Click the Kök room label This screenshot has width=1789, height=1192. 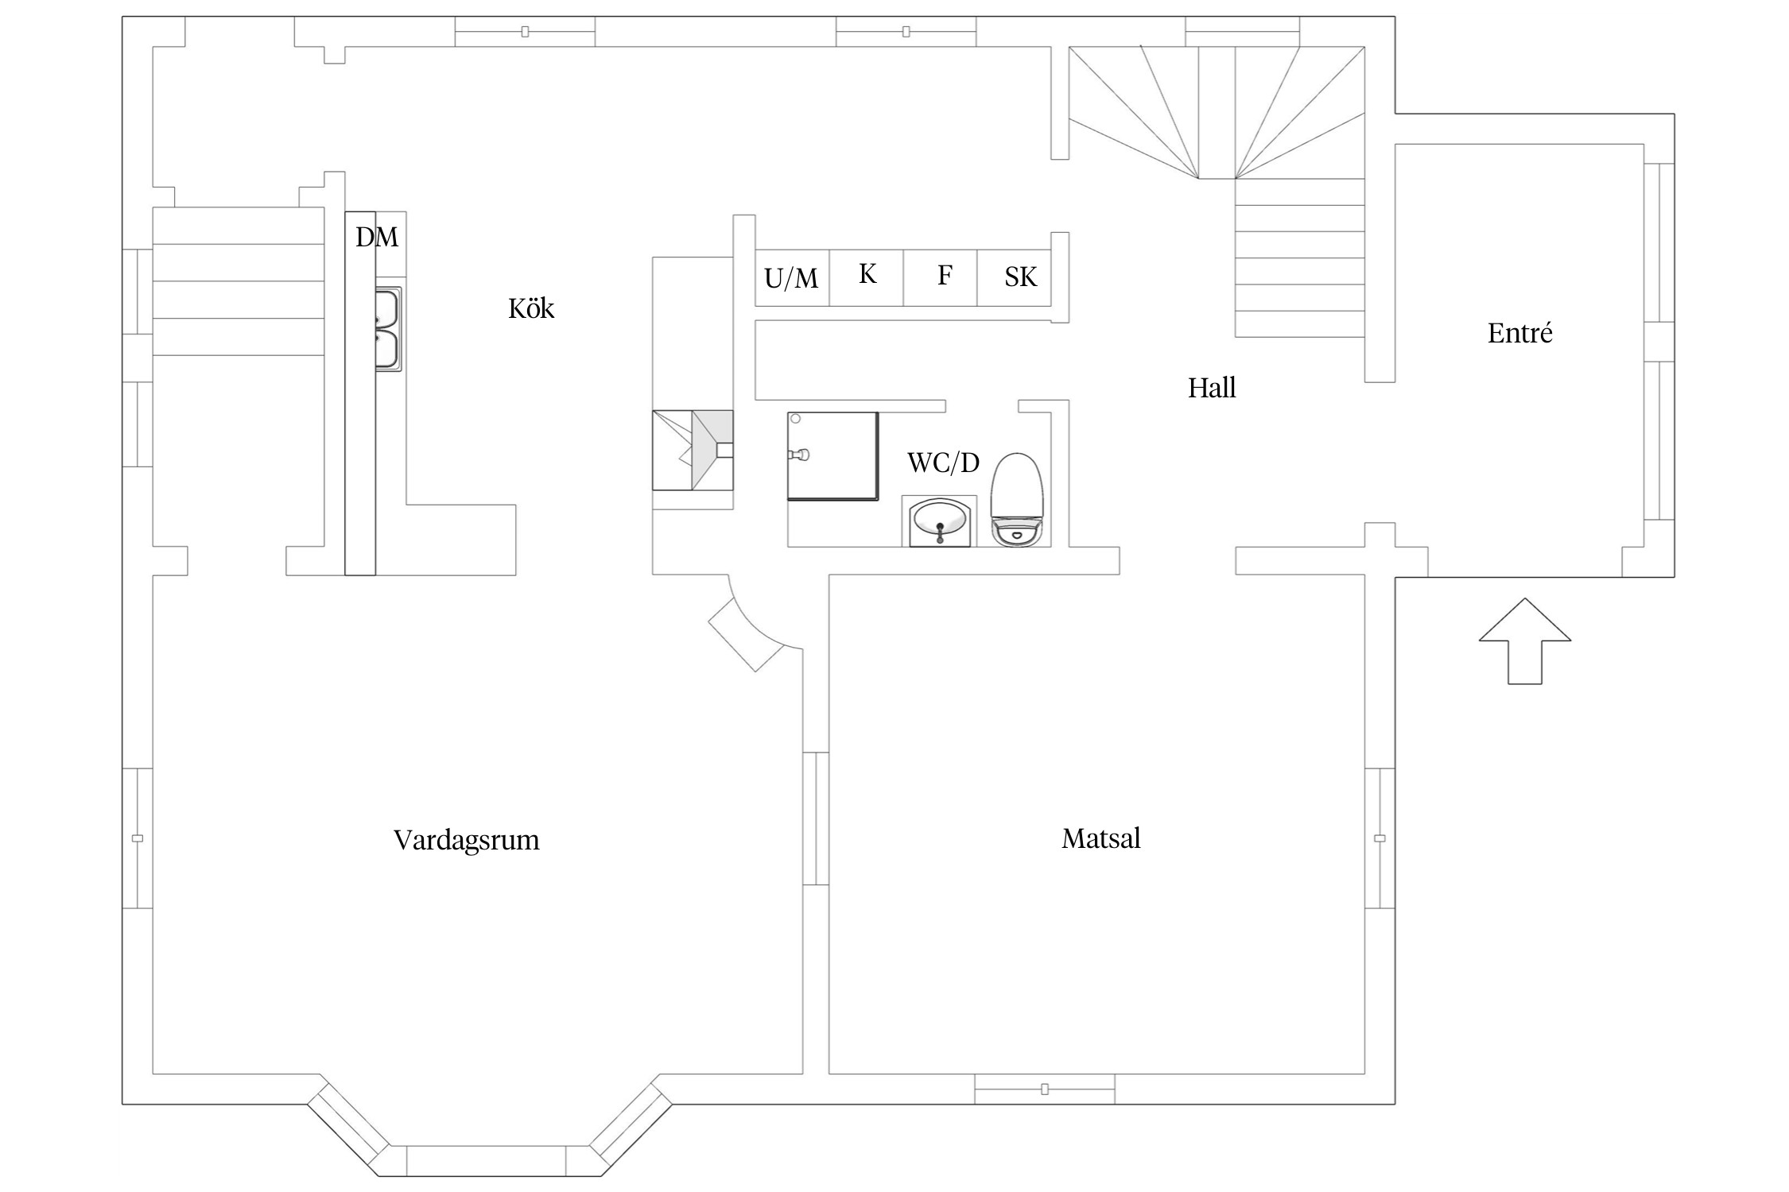pyautogui.click(x=531, y=308)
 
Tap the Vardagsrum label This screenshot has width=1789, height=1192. pyautogui.click(x=467, y=840)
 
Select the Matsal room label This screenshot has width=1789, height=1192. pyautogui.click(x=1101, y=838)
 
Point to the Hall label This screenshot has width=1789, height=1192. pyautogui.click(x=1212, y=388)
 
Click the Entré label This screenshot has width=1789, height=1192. pyautogui.click(x=1519, y=333)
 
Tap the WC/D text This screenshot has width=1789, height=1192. pyautogui.click(x=943, y=462)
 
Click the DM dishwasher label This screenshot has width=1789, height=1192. pyautogui.click(x=377, y=237)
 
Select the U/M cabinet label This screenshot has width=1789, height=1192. pyautogui.click(x=791, y=278)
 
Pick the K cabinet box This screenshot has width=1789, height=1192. pyautogui.click(x=867, y=277)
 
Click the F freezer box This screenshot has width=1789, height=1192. pyautogui.click(x=940, y=277)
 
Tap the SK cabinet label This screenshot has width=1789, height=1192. pyautogui.click(x=1021, y=277)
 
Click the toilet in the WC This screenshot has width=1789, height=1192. pyautogui.click(x=1017, y=499)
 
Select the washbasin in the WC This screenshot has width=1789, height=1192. pyautogui.click(x=940, y=522)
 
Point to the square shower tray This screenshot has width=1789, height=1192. pyautogui.click(x=833, y=456)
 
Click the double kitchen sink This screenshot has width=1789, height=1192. pyautogui.click(x=388, y=329)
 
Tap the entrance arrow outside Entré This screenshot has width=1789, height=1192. pyautogui.click(x=1525, y=641)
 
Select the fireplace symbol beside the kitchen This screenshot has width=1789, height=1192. pyautogui.click(x=693, y=451)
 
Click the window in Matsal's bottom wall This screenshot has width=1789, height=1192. pyautogui.click(x=1045, y=1089)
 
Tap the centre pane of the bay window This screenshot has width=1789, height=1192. pyautogui.click(x=487, y=1161)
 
